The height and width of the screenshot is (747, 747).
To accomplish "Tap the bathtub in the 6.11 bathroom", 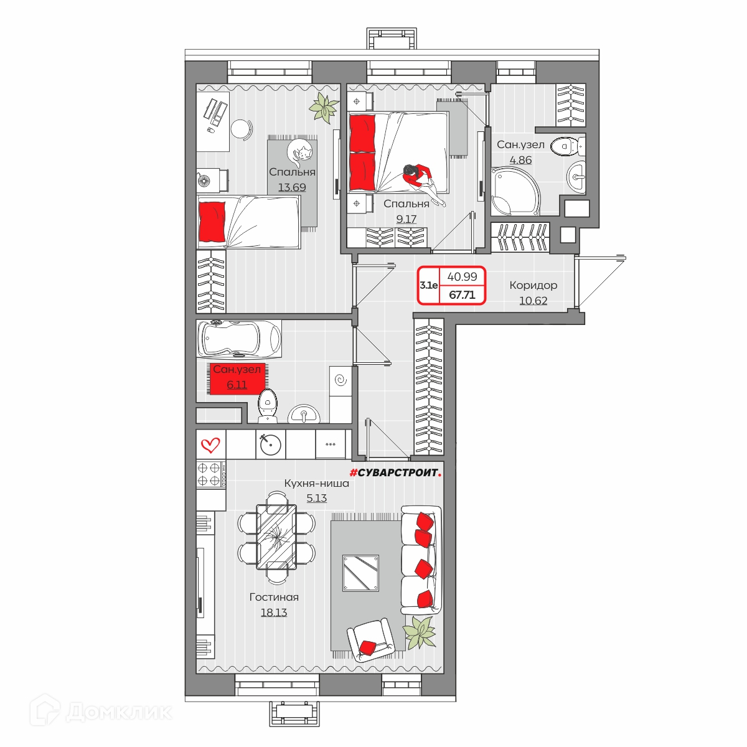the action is pos(239,338).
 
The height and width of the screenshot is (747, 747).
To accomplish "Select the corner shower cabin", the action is pos(515,191).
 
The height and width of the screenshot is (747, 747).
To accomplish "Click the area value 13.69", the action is pos(292,187).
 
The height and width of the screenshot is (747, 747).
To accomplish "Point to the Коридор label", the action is pos(533,285).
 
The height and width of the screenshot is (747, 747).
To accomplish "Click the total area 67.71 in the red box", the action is pos(462,294).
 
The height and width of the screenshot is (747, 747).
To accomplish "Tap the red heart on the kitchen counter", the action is pos(210,445).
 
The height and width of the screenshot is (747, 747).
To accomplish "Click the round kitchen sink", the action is pos(270,444).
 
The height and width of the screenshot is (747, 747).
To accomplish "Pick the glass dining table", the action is pos(276,537).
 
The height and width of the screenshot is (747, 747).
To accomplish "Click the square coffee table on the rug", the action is pos(360,573).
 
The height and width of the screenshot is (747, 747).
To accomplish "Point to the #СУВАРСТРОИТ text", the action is pos(395,472).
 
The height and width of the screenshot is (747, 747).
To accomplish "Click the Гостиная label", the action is pos(274,597).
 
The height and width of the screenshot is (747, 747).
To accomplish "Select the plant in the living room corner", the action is pos(419,632).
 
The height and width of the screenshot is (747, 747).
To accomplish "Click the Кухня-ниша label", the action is pos(317,483).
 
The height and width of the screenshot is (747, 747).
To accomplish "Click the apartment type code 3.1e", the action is pos(428,286).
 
